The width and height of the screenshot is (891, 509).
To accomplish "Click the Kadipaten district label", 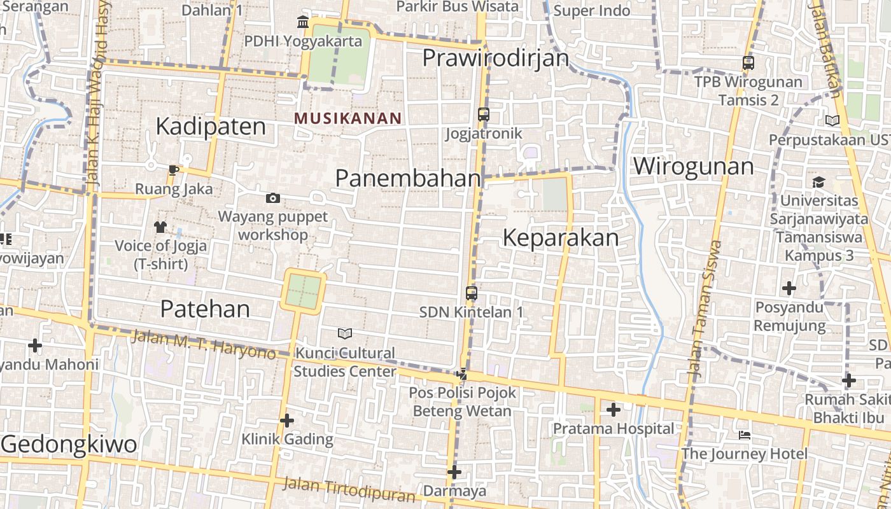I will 211,126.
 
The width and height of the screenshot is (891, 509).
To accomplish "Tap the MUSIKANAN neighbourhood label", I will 348,118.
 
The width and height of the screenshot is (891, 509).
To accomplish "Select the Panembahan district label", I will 408,178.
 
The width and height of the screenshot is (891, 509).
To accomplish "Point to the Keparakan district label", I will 561,238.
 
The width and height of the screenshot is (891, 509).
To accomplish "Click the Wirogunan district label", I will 693,167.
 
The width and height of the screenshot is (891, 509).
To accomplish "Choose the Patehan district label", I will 205,309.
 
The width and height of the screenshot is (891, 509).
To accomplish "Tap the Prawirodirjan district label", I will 496,58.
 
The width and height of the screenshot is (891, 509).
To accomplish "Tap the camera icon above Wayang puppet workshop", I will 273,199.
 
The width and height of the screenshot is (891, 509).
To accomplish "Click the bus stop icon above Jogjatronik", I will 484,115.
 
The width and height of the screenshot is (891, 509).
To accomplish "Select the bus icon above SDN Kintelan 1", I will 471,293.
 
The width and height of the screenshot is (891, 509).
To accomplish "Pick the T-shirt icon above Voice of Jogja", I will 160,227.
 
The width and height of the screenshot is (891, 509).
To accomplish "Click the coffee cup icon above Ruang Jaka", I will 174,169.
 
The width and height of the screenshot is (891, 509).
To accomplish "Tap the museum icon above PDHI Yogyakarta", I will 303,23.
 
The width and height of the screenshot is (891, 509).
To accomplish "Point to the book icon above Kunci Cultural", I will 345,333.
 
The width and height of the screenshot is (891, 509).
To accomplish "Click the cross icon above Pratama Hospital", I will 613,410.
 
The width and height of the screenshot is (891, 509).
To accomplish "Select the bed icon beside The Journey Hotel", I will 745,435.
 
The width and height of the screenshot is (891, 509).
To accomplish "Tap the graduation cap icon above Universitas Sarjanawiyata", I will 818,183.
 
